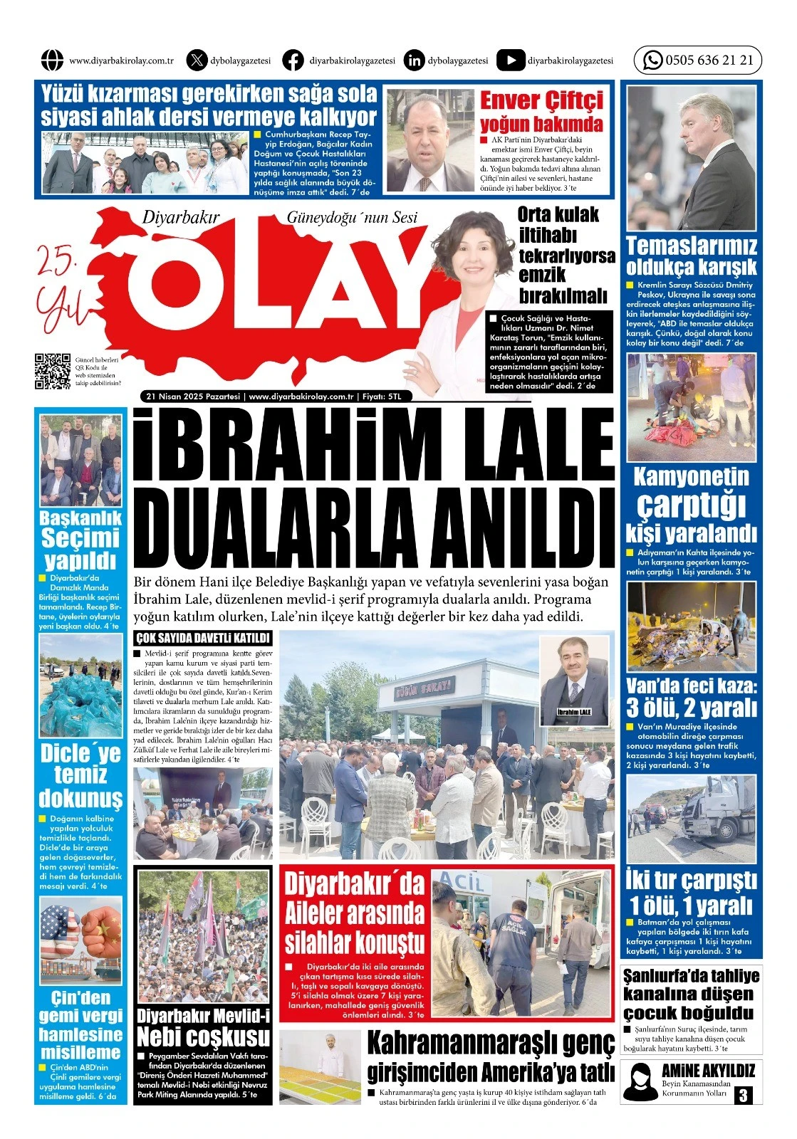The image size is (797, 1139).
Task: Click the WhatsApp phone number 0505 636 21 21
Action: click(709, 61)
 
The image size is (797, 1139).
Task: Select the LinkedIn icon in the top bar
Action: click(413, 61)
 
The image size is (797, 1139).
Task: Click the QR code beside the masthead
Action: click(53, 371)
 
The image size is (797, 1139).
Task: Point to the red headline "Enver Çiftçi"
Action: click(541, 100)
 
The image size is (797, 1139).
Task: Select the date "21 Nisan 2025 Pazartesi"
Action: click(193, 397)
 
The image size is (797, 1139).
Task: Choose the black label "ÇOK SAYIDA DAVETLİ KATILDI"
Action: click(203, 639)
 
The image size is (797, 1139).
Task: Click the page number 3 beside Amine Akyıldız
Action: click(744, 1094)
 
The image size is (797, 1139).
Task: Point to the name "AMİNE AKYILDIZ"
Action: click(707, 1071)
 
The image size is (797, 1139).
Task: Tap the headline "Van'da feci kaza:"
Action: click(691, 686)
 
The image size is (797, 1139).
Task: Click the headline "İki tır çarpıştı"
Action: click(691, 881)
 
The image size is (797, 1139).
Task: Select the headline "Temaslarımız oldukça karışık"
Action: click(691, 256)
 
